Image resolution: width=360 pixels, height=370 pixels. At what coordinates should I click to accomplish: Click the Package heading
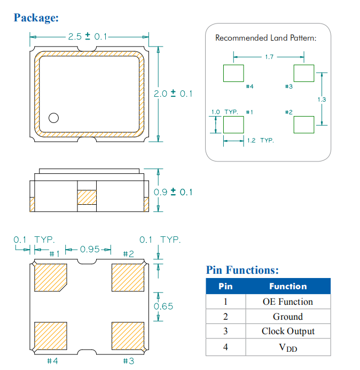click(x=36, y=18)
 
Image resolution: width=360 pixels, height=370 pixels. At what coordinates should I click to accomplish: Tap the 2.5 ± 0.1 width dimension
click(x=88, y=37)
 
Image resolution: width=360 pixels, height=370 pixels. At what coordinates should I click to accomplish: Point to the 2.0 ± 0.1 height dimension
click(x=173, y=94)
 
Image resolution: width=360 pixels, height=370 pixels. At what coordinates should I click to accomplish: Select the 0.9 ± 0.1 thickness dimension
click(x=173, y=192)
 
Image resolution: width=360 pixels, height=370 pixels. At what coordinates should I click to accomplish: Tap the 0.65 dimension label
click(x=163, y=306)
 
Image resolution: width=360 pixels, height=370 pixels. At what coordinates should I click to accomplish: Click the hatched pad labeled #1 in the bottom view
click(x=50, y=277)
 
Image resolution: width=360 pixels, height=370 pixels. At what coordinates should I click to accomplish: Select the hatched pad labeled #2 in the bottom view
click(x=128, y=277)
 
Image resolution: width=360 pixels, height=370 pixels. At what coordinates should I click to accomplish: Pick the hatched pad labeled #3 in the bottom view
click(x=128, y=335)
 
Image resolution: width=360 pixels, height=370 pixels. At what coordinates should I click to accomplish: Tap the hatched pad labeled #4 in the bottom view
click(x=50, y=335)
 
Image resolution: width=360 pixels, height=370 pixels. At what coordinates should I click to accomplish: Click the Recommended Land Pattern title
click(x=265, y=38)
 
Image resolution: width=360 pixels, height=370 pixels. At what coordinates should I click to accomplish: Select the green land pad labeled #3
click(x=304, y=73)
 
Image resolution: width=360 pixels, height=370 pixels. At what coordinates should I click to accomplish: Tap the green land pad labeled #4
click(x=233, y=73)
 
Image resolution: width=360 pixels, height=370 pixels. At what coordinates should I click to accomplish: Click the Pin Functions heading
click(x=242, y=270)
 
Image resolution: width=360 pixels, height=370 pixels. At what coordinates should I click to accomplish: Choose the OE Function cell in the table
click(x=288, y=302)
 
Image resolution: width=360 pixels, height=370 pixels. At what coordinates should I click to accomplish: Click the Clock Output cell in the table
click(x=288, y=331)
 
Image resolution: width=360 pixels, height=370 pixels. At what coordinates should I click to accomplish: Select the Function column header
click(x=288, y=287)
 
